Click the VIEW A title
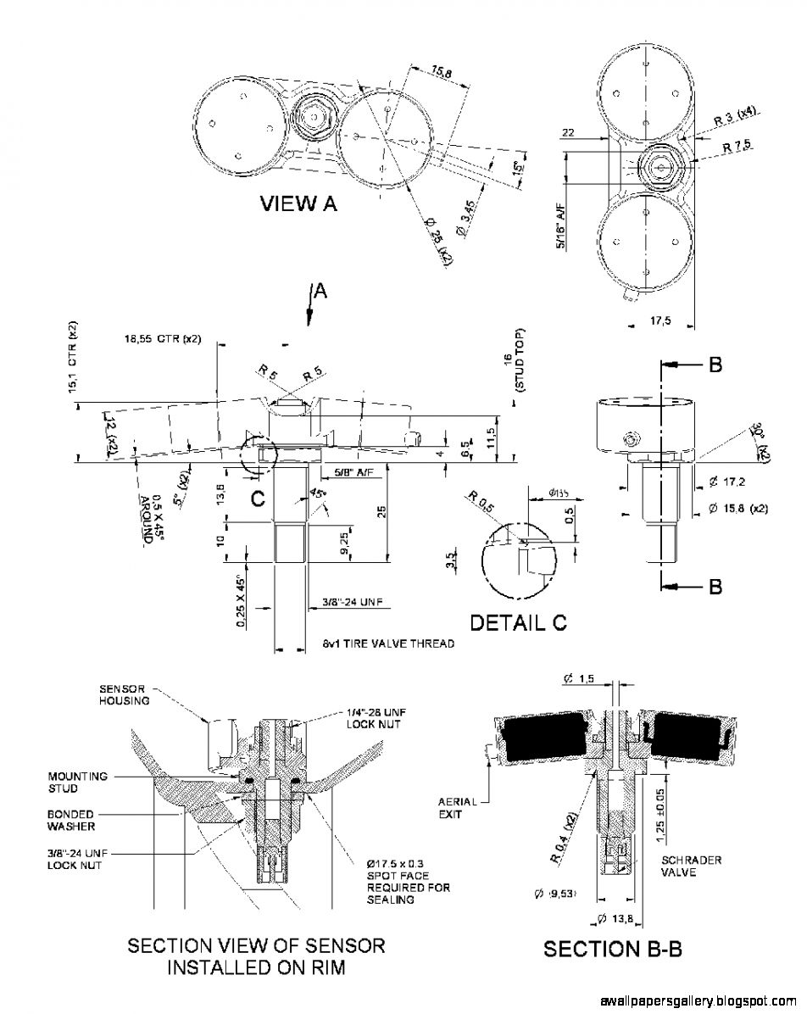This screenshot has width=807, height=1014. [298, 203]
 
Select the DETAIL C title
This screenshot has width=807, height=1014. [518, 622]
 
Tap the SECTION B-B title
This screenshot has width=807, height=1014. [612, 949]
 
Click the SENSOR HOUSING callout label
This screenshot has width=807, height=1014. [125, 694]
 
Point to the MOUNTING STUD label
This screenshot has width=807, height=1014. [77, 782]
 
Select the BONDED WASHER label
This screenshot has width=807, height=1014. [71, 820]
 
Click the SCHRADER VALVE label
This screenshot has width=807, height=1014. [691, 866]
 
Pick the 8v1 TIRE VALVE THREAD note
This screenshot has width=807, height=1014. [388, 643]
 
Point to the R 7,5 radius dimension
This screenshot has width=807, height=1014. [737, 146]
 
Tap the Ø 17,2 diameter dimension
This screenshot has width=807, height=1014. [726, 482]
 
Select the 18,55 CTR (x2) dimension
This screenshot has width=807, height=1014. [162, 339]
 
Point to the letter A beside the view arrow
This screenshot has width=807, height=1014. [320, 291]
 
